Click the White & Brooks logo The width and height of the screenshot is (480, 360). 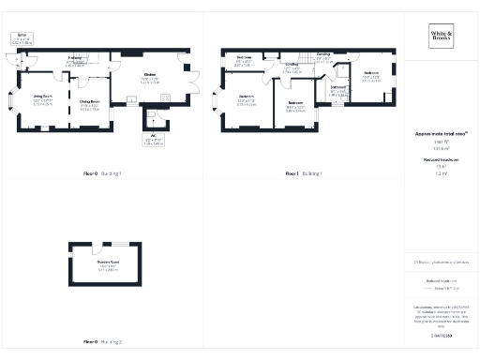(440, 37)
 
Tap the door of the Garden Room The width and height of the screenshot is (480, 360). (97, 247)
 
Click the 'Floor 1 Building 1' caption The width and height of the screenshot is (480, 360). (305, 173)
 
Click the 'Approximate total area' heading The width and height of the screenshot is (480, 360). (440, 135)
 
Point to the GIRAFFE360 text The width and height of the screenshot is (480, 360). (440, 334)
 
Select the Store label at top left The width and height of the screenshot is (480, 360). (20, 36)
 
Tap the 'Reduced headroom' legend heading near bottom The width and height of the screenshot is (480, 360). (440, 279)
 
